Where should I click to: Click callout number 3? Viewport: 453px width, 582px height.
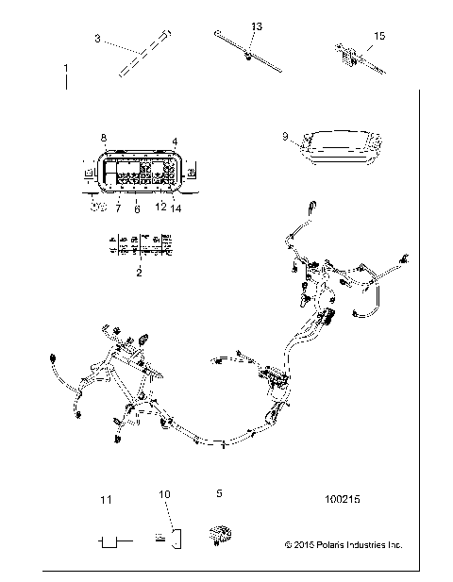(x=97, y=39)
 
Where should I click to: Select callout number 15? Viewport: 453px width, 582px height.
(x=379, y=37)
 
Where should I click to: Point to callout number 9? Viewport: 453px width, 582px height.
(x=284, y=137)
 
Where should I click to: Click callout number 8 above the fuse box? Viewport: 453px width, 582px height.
(x=104, y=139)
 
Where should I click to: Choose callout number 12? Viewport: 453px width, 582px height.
(x=159, y=206)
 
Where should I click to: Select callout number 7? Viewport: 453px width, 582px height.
(x=119, y=206)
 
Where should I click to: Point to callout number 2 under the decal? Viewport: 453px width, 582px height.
(x=140, y=272)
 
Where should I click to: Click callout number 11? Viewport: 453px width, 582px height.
(x=106, y=498)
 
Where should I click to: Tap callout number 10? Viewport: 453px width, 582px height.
(x=164, y=493)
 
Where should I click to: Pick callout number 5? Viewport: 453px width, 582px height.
(x=220, y=492)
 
